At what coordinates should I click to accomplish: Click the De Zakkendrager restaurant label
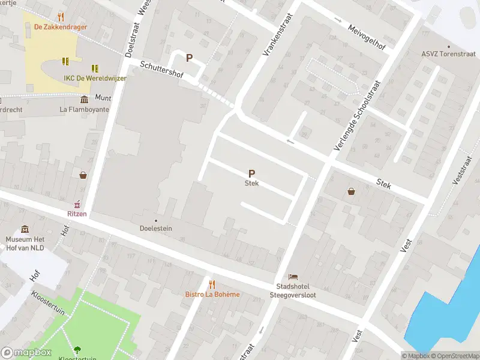pos(60,26)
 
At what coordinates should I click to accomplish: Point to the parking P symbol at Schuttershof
pos(189,58)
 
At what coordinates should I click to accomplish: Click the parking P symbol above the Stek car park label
pos(251,173)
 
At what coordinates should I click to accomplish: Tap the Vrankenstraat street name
pos(277,35)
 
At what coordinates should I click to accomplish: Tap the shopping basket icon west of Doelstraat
pos(83,175)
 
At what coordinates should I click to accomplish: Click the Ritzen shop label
pos(76,213)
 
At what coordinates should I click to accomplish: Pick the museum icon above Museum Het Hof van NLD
pos(25,230)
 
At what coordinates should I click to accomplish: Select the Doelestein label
pos(156,229)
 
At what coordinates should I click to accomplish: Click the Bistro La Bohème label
pos(211,294)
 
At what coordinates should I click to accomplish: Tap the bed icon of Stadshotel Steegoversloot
pos(292,277)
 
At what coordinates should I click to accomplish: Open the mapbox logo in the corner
pos(26,353)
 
